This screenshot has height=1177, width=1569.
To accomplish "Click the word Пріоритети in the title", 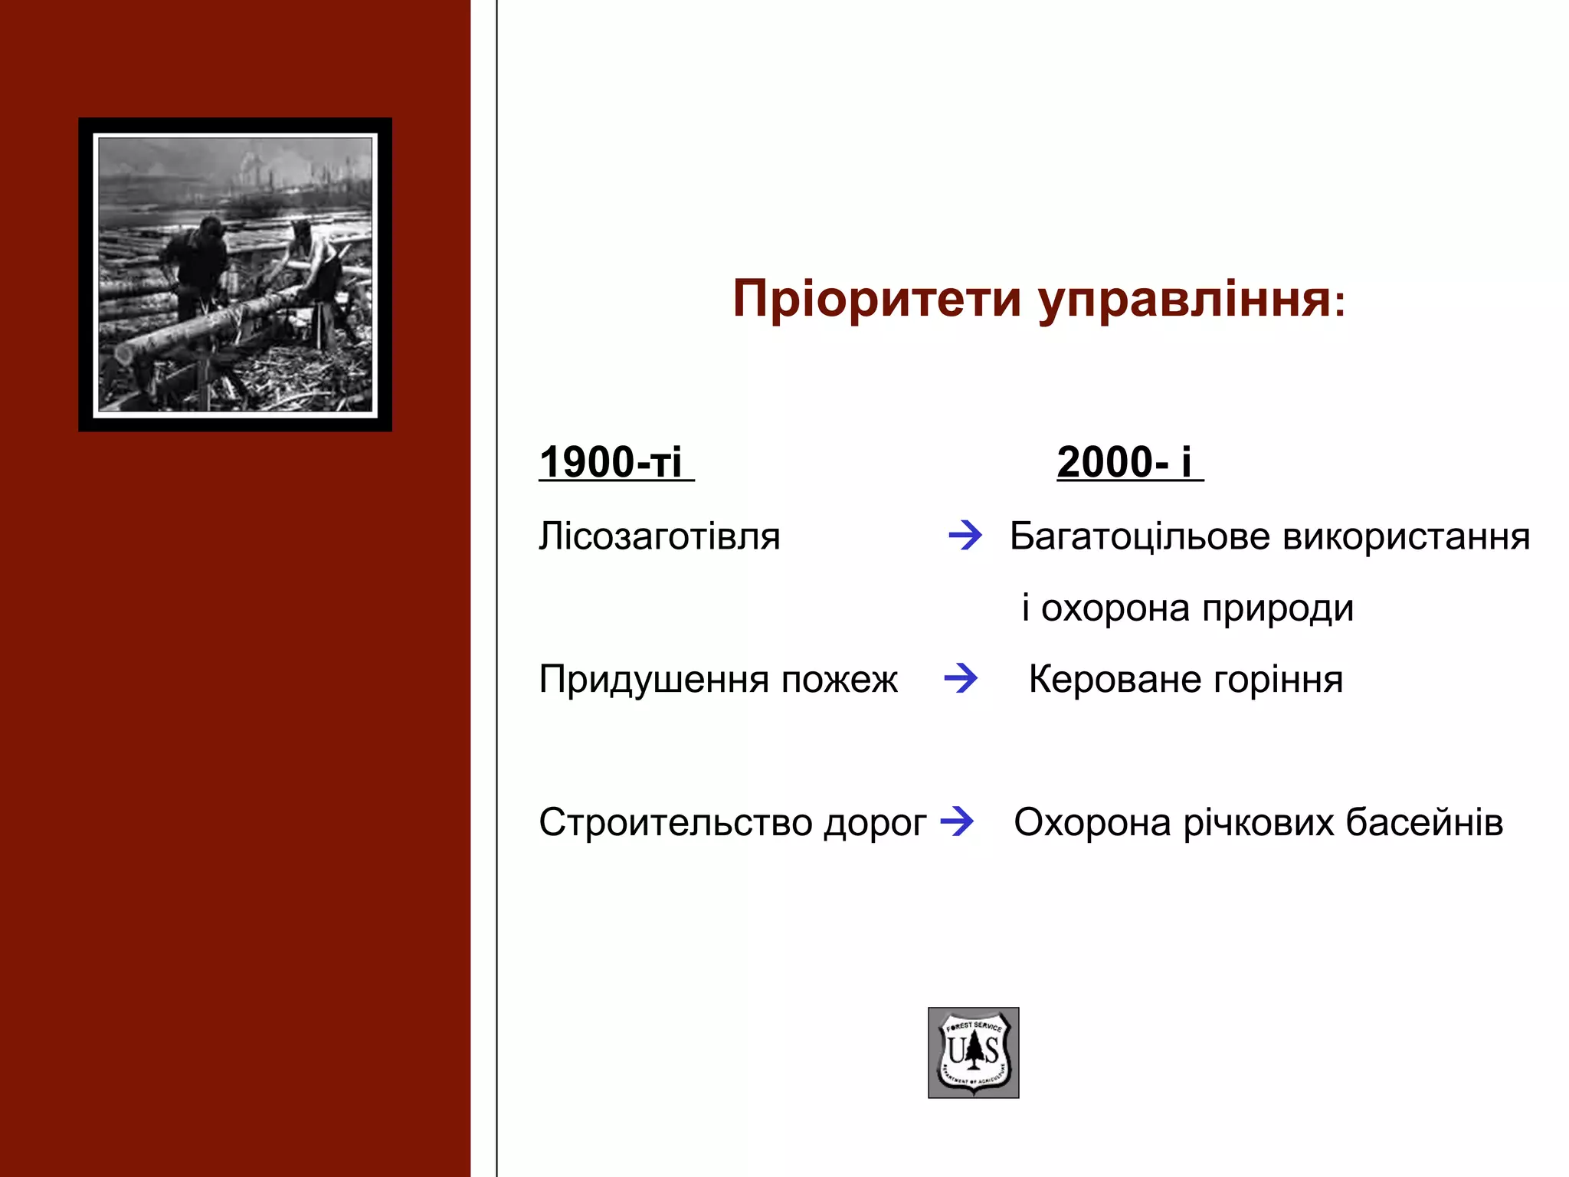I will click(877, 299).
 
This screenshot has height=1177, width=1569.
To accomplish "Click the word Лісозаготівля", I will click(659, 536).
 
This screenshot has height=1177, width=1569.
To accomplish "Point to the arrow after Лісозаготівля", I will click(965, 534).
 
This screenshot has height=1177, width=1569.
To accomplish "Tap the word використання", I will click(1407, 536).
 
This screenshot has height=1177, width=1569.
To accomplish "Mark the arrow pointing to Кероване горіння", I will click(961, 677).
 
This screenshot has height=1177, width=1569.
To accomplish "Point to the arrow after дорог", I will click(957, 821).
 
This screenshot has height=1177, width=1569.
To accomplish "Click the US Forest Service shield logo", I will click(973, 1052).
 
